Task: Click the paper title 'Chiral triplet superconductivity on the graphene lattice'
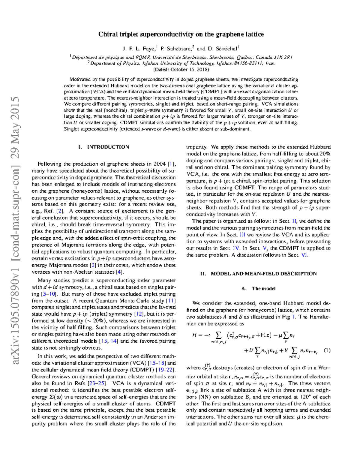point(181,34)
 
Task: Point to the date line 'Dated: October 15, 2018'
point(181,70)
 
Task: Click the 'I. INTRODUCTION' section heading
point(103,147)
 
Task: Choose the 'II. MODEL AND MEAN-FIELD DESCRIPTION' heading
point(258,274)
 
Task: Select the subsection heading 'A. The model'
point(258,289)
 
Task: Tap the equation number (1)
point(327,350)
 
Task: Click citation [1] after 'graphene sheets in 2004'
point(171,164)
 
